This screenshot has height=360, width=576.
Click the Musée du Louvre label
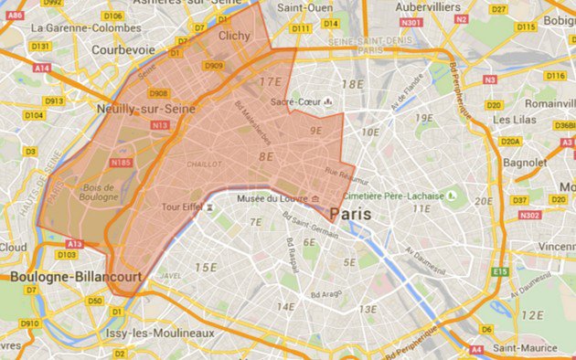click(272, 198)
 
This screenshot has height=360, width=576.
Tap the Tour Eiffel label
click(181, 207)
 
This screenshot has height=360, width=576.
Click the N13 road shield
click(161, 124)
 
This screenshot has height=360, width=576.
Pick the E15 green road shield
click(499, 271)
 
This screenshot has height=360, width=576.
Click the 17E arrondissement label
click(272, 81)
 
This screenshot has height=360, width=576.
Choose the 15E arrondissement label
click(207, 268)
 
